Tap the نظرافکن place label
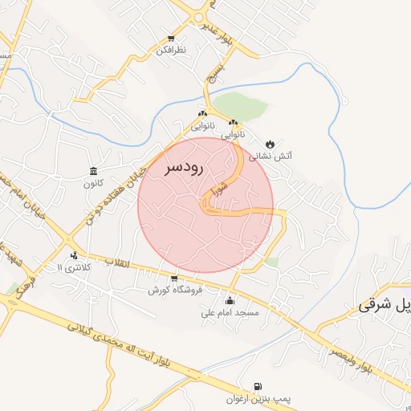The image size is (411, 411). (171, 50)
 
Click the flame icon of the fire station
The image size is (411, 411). (271, 144)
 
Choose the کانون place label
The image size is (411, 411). (94, 184)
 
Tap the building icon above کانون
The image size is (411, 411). (94, 171)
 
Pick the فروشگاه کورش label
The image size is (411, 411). (174, 290)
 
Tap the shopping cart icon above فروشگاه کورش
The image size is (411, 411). (174, 278)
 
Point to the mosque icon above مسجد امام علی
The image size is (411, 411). (231, 300)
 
